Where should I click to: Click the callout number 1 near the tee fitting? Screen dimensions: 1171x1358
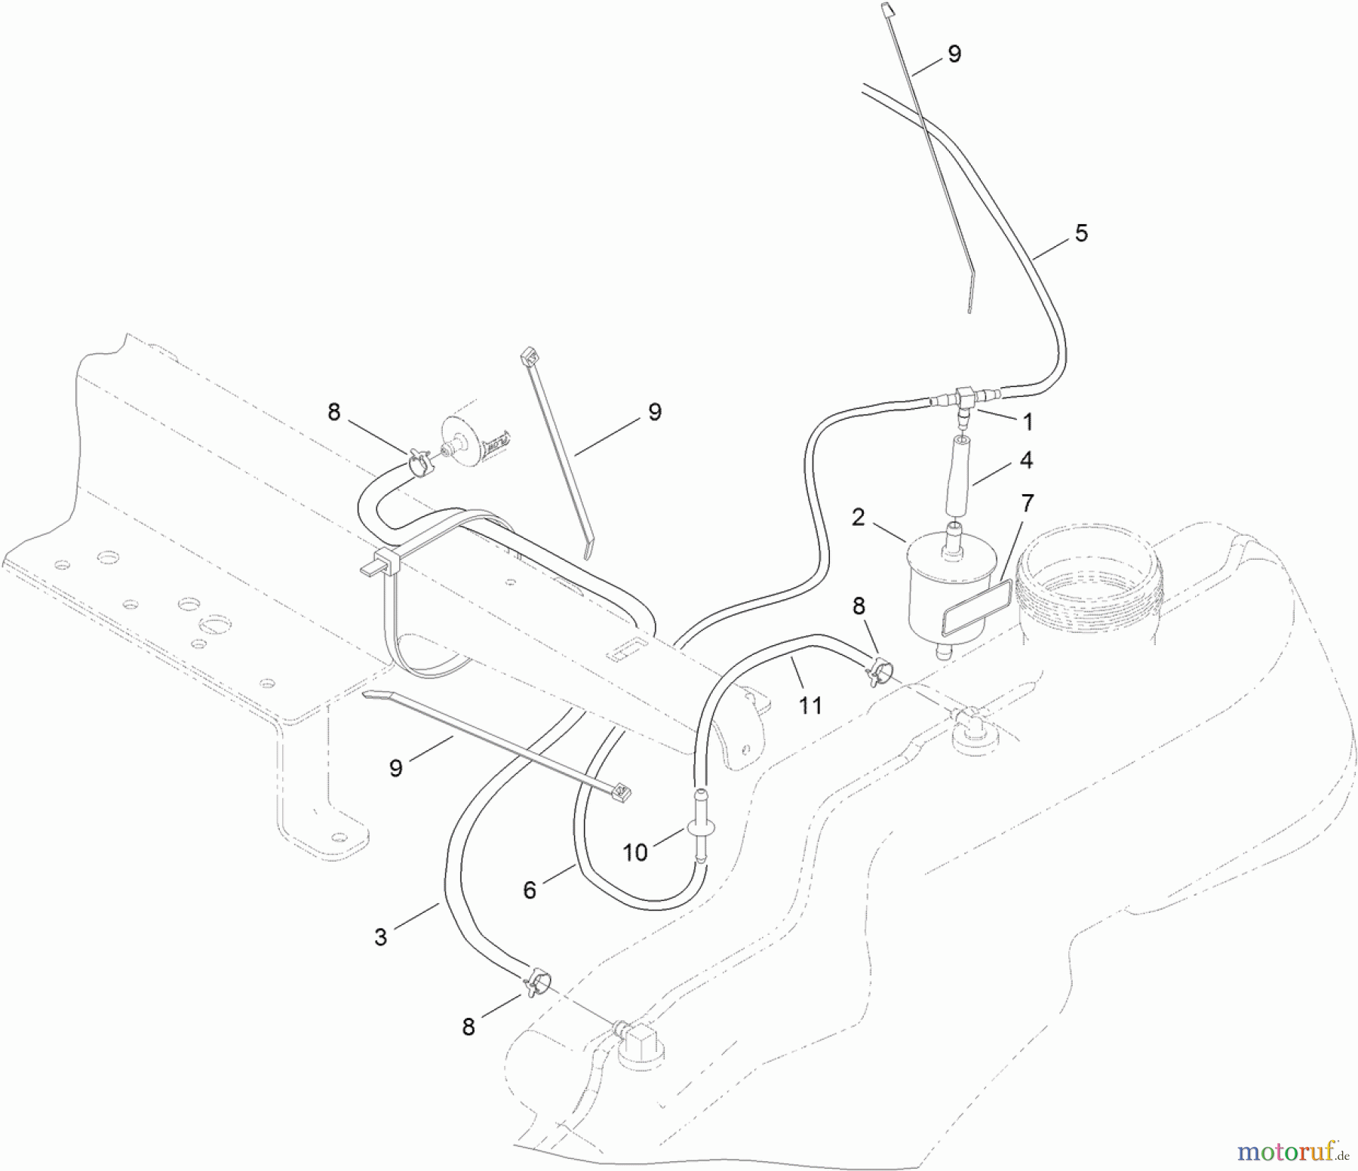1027,423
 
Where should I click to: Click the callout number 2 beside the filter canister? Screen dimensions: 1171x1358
857,518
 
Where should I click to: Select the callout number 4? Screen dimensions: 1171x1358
1025,460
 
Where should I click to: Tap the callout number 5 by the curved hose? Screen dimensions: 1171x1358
1081,234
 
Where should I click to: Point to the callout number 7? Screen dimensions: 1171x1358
1027,503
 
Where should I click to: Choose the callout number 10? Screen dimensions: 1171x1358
635,853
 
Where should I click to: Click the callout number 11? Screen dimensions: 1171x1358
810,705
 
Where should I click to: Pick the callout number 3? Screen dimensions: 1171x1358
380,937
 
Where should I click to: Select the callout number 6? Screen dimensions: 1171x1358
530,890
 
